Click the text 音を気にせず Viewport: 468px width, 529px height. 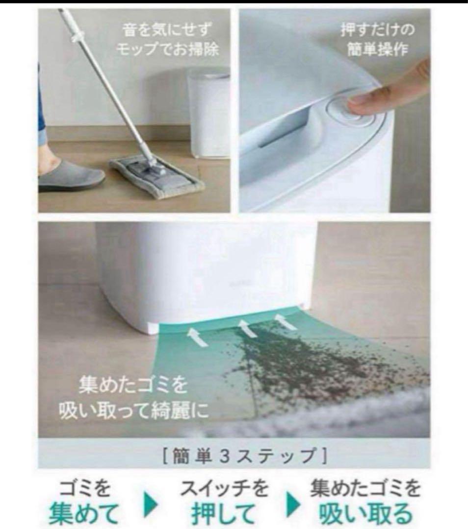(167, 30)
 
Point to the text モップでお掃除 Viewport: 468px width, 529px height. (168, 49)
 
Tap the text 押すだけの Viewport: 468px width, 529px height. (377, 30)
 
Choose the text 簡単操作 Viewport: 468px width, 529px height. (377, 49)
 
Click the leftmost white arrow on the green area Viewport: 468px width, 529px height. (198, 337)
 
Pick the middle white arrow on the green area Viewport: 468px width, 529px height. (247, 328)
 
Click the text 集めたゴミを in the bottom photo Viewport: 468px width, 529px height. (133, 385)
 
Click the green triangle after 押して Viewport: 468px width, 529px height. (293, 505)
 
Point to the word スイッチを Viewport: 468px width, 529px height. (224, 488)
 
